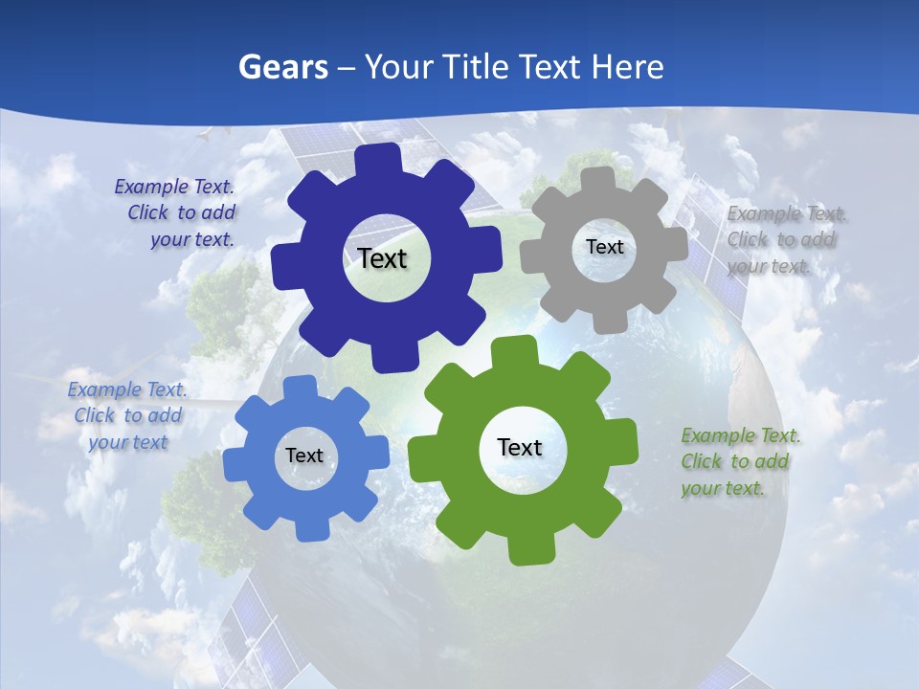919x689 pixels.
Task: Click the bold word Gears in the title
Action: tap(282, 67)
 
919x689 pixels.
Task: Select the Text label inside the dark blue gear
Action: tap(383, 258)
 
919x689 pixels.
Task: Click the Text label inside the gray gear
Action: tap(604, 247)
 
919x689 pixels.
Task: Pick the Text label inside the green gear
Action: tap(520, 447)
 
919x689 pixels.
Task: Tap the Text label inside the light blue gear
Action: tap(304, 456)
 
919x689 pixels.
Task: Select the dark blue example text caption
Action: tap(178, 212)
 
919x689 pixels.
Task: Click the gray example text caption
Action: tap(782, 239)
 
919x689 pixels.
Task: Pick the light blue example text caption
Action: tap(127, 415)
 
